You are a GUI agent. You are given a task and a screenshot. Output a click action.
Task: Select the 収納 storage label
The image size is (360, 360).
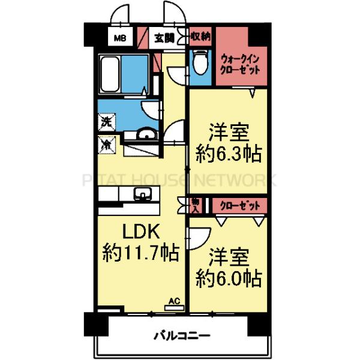coord(200,36)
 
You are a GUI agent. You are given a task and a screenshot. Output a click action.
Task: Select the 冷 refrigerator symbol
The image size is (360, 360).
coord(106,144)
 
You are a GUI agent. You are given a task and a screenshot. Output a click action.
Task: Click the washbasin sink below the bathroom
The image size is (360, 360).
coord(145,135)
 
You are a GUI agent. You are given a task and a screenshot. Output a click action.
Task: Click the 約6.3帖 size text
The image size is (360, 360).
coord(229,154)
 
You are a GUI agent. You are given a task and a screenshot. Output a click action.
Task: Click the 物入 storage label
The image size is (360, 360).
coord(196,205)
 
